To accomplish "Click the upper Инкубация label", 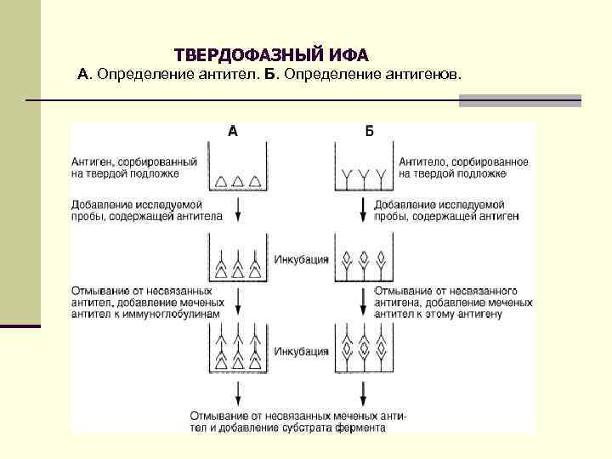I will (x=301, y=259).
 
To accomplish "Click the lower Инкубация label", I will (x=301, y=350).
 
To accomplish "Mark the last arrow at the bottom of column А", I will (x=239, y=393).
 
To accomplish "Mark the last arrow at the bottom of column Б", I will (x=364, y=393).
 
